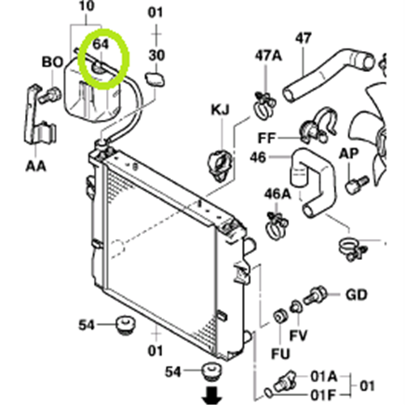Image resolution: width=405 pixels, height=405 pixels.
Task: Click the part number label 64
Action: (100, 44)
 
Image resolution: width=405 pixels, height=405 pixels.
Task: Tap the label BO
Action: (53, 62)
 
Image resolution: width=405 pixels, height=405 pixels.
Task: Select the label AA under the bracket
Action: (36, 166)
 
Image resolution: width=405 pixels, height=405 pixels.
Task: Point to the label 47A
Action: (268, 56)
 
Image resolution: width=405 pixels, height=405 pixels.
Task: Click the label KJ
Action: (220, 110)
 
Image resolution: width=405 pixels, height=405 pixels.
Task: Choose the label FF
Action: (266, 139)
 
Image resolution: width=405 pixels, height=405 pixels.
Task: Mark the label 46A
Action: (277, 194)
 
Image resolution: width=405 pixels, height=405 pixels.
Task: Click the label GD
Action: (356, 295)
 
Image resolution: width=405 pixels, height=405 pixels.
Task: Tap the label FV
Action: (298, 335)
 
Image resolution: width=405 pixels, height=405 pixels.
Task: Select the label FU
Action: (280, 353)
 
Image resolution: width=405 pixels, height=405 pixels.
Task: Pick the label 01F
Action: (323, 396)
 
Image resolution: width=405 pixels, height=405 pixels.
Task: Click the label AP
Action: (348, 154)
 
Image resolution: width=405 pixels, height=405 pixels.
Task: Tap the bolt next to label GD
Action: (315, 295)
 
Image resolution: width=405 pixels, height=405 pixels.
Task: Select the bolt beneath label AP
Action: (356, 185)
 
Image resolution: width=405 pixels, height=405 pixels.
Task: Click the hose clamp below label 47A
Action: (265, 105)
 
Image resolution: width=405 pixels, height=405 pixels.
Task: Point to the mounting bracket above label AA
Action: (40, 117)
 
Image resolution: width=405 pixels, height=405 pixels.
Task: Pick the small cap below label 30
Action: (155, 79)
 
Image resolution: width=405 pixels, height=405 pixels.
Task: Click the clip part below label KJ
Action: (220, 164)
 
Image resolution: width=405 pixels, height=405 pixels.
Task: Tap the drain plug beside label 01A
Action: (285, 382)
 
